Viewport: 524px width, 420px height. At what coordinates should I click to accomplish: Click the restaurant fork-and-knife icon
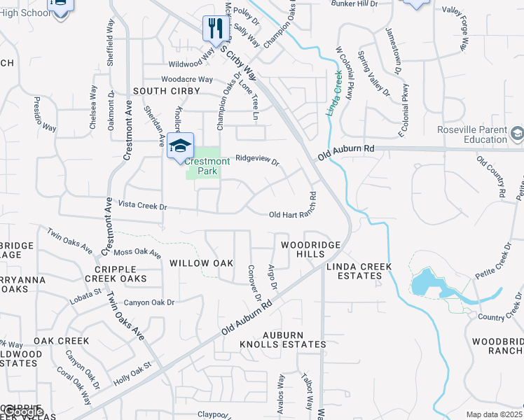click(x=215, y=29)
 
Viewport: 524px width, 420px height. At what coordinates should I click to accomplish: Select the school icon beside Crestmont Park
click(x=180, y=146)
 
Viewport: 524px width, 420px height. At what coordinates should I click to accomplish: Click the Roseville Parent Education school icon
click(x=517, y=133)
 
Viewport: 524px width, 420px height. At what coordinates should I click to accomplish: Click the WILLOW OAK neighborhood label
click(x=201, y=263)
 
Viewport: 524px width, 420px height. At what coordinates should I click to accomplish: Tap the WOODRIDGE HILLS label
click(x=310, y=249)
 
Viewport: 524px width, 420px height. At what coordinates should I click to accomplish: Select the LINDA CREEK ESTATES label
click(x=358, y=271)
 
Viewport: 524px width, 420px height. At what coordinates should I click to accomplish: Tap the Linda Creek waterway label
click(x=335, y=92)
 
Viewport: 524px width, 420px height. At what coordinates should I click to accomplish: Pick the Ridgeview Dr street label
click(x=257, y=160)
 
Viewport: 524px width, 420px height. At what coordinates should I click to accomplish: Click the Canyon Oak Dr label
click(x=149, y=302)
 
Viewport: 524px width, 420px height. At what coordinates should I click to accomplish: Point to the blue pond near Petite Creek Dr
click(x=425, y=283)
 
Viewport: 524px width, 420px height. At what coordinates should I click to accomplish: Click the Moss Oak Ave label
click(x=137, y=251)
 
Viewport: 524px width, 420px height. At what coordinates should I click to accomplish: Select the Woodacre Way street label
click(x=186, y=79)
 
